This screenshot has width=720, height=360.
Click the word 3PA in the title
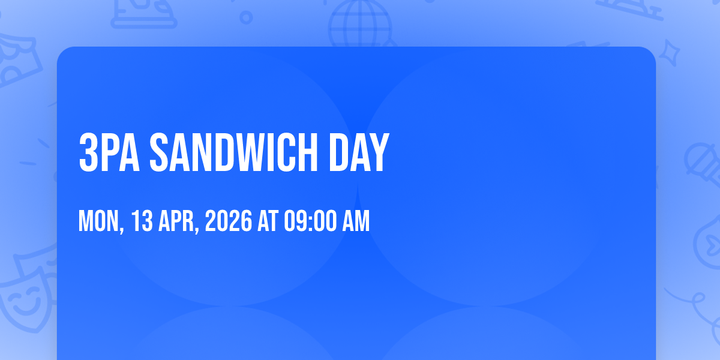(109, 152)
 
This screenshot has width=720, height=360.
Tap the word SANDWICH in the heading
(233, 152)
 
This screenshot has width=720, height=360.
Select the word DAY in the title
(359, 152)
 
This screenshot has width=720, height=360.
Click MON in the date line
(98, 221)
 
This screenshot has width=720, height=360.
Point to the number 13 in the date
(142, 221)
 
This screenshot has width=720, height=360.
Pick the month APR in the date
(176, 221)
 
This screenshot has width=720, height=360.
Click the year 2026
(229, 221)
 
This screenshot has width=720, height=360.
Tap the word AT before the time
(268, 221)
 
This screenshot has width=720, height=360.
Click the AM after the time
(356, 221)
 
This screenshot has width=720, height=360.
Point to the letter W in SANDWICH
(257, 152)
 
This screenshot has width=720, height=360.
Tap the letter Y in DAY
(379, 152)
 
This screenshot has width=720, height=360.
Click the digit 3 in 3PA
(88, 152)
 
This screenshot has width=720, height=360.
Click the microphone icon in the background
(704, 164)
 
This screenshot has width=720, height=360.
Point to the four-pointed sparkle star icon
(669, 53)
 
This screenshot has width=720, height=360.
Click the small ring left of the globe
(246, 17)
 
